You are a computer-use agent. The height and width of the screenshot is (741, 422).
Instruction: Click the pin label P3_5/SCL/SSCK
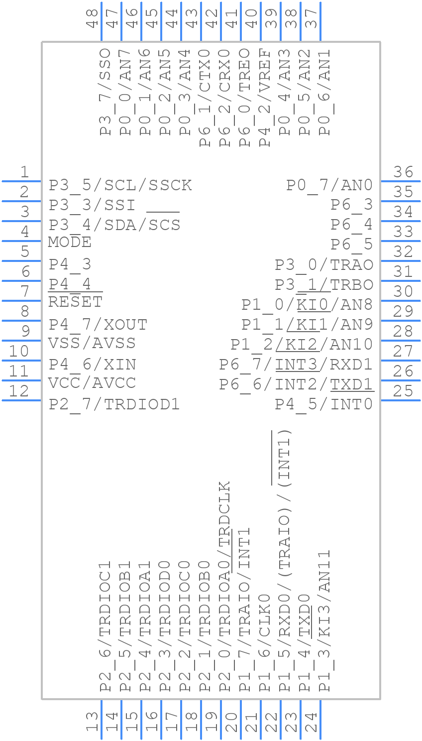tap(120, 185)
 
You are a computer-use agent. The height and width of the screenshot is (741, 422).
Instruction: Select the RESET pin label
tap(75, 302)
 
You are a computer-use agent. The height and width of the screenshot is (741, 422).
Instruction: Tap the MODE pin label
tap(70, 243)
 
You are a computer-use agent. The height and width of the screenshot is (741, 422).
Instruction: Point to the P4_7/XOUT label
tap(98, 325)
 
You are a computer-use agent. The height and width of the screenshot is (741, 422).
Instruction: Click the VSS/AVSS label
tap(92, 343)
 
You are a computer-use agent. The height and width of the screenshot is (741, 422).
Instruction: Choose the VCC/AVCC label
tap(92, 383)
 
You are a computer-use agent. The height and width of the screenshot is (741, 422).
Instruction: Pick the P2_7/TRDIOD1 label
tap(114, 404)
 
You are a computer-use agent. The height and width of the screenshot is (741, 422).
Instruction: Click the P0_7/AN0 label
tap(329, 185)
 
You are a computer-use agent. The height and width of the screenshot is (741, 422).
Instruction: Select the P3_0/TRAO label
tap(324, 265)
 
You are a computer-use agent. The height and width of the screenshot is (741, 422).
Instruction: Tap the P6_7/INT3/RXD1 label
tap(296, 365)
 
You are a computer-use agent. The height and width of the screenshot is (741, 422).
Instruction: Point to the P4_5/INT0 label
tap(324, 404)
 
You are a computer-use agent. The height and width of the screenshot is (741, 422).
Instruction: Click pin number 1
tap(24, 172)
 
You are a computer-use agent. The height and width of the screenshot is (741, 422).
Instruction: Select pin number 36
tap(403, 172)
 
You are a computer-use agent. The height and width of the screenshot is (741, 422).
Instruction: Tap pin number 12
tap(19, 391)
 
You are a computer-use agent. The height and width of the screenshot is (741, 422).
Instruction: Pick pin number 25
tap(403, 391)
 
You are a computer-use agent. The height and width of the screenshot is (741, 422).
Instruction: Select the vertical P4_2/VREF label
tap(265, 98)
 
